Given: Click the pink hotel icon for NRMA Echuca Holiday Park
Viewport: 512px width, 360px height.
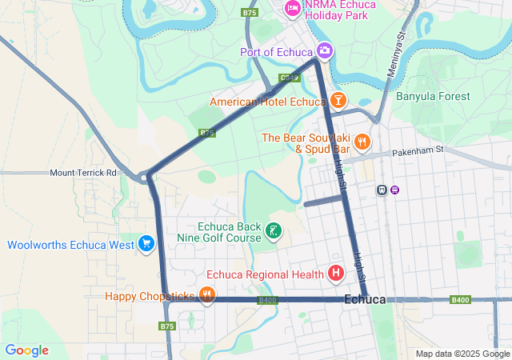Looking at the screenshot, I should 292,9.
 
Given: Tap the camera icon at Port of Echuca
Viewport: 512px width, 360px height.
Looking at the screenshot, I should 324,51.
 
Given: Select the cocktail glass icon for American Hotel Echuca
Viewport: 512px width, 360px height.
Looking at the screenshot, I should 338,101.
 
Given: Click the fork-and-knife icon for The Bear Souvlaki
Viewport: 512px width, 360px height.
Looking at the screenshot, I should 362,142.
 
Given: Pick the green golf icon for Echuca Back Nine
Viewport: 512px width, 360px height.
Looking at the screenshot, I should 274,232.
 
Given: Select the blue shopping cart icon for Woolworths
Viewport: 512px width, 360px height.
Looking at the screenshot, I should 146,244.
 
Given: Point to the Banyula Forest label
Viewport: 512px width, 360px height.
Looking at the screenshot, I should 433,96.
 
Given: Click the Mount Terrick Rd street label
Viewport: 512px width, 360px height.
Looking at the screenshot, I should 83,173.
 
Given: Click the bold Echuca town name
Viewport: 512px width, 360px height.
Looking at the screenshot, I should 365,299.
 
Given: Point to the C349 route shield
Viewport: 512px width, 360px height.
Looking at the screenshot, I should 290,78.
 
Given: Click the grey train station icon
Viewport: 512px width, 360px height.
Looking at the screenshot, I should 382,190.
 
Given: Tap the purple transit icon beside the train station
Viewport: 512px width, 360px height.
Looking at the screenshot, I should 394,190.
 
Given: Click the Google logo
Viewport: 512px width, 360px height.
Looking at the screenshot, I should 26,350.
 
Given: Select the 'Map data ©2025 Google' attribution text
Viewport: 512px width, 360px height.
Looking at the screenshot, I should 462,354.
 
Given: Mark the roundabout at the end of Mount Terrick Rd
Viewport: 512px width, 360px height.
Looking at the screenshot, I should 145,178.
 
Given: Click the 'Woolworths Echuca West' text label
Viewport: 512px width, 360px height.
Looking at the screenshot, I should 70,245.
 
